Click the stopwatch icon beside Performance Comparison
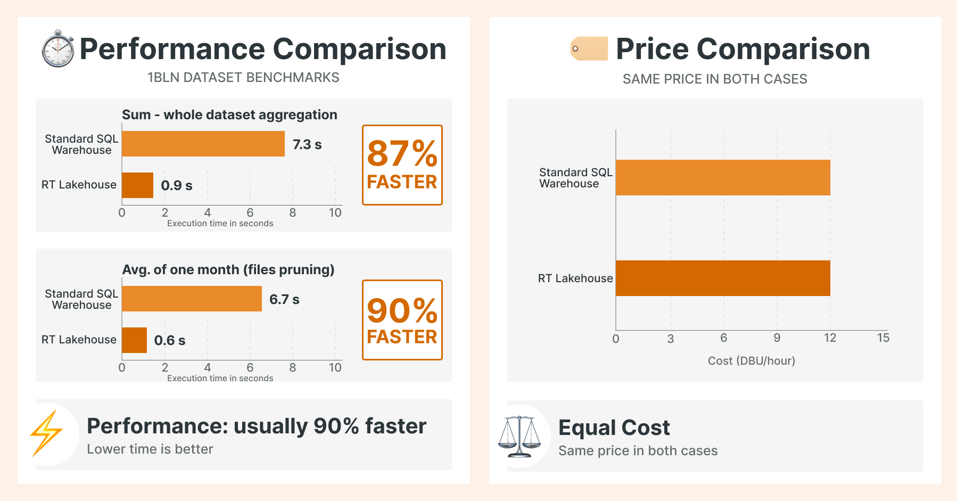click(58, 49)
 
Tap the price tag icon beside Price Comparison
click(589, 48)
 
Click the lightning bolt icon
click(46, 433)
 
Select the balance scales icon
click(519, 437)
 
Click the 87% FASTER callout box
click(402, 165)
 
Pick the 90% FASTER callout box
click(402, 320)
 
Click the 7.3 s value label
click(307, 144)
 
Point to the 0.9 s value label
click(177, 185)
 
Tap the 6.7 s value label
click(284, 299)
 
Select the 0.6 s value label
click(170, 340)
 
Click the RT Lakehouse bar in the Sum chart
click(138, 185)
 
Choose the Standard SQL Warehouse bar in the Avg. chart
click(192, 299)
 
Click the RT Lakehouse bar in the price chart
click(723, 278)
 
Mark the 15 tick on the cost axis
click(883, 338)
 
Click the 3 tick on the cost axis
click(671, 339)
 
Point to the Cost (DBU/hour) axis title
click(752, 361)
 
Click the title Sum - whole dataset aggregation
click(229, 115)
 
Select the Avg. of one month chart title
click(228, 270)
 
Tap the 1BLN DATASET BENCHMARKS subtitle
click(243, 78)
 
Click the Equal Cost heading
click(614, 428)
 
